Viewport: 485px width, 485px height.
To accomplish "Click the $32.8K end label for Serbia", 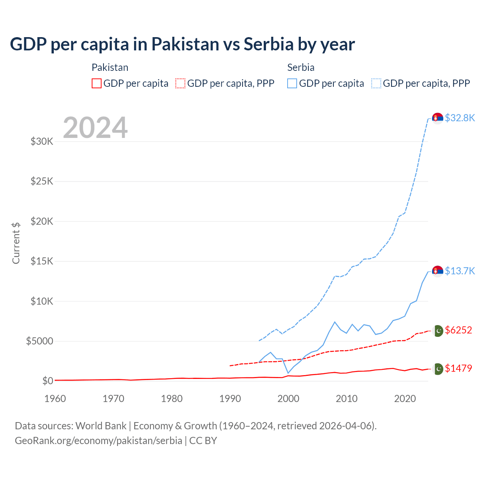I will (460, 118).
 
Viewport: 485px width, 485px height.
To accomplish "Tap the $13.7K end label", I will (460, 271).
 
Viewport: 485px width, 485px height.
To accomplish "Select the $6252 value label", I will (458, 330).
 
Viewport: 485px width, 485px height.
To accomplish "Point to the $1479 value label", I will (458, 368).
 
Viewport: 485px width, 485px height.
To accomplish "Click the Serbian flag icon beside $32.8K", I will (438, 118).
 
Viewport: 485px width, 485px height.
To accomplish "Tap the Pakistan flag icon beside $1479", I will (438, 369).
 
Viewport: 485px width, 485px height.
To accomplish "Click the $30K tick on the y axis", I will (42, 142).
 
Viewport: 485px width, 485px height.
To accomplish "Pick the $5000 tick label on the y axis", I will (39, 341).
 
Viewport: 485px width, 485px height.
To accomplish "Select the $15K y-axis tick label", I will (42, 261).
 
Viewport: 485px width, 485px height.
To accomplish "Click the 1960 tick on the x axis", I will (55, 399).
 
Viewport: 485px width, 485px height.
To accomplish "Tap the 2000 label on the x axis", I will (288, 399).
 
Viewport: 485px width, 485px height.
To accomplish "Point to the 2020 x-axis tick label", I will (405, 399).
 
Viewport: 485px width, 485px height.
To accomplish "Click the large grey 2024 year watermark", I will (95, 128).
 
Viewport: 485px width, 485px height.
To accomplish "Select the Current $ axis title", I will (16, 243).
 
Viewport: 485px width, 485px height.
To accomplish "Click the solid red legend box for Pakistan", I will (97, 83).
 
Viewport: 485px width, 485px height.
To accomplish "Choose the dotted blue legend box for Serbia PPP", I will (376, 83).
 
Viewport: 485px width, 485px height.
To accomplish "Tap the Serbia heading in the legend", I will (301, 67).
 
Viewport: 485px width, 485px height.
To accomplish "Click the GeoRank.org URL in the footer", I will (99, 441).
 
